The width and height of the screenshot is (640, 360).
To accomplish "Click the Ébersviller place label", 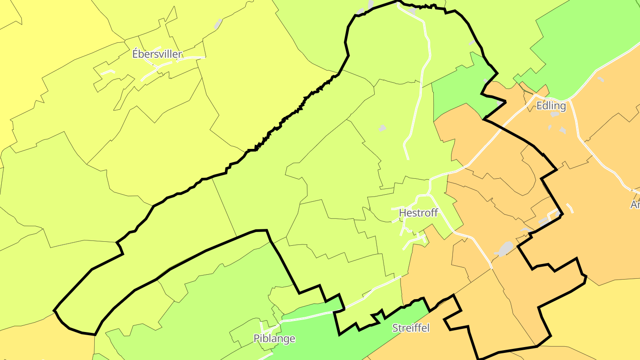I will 157,54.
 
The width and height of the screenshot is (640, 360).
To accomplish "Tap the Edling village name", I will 551,106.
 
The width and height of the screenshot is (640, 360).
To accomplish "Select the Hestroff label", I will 418,213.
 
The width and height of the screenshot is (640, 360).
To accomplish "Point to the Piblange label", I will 274,339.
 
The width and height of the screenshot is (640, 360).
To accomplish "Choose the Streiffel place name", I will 411,328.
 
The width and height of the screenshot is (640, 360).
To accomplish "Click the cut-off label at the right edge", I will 635,204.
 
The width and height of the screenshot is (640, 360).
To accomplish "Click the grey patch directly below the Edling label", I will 555,114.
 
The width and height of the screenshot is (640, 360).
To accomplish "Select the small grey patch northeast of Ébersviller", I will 218,24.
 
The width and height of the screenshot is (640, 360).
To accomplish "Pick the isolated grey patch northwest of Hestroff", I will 382,128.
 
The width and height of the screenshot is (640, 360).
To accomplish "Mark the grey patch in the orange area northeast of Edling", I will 600,80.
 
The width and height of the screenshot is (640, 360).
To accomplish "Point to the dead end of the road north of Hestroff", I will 408,159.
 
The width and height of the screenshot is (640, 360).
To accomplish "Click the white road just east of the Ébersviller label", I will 193,57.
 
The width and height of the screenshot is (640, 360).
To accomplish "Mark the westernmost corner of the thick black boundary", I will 54,310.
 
